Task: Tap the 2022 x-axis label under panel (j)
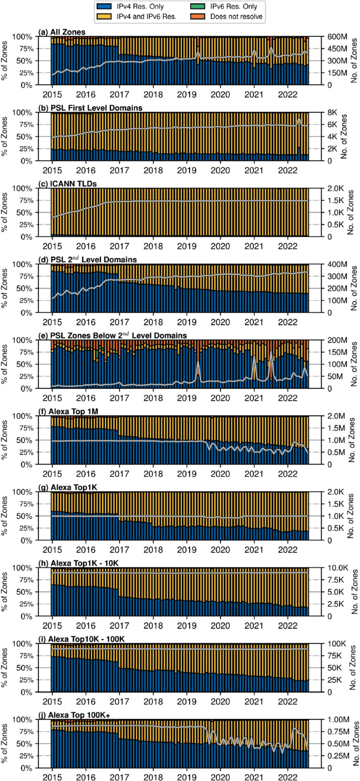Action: coord(288,776)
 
